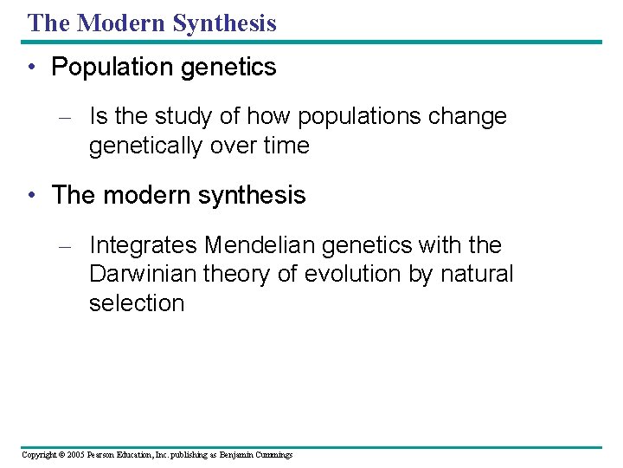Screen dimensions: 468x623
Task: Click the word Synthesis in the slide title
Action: (x=224, y=23)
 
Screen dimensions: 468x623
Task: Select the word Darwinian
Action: (x=143, y=275)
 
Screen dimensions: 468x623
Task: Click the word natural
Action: (x=477, y=275)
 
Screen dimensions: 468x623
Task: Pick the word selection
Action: (x=137, y=303)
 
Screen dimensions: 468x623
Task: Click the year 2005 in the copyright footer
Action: (x=75, y=454)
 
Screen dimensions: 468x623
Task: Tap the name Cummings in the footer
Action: (x=274, y=454)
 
